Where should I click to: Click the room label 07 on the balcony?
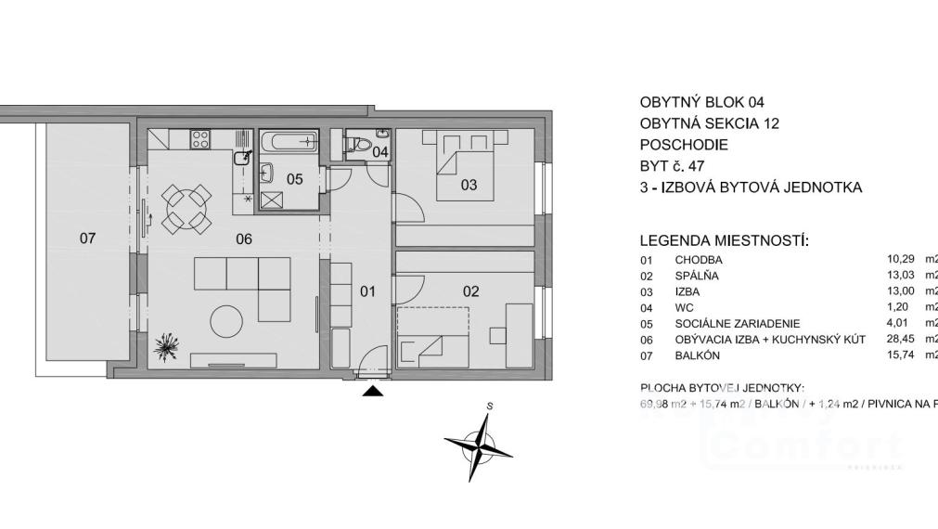pos(87,239)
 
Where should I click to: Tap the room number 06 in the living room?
pos(244,239)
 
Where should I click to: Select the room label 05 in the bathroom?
pos(294,179)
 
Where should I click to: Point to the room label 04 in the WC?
pos(380,151)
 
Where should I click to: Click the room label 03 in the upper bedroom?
pos(469,185)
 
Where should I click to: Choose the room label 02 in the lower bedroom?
pos(470,291)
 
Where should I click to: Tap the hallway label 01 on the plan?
pos(367,291)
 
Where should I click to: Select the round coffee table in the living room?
pos(227,322)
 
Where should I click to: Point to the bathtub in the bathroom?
pos(289,142)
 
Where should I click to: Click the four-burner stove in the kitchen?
pos(200,139)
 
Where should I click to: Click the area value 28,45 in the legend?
pos(902,339)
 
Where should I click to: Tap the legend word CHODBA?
pos(699,260)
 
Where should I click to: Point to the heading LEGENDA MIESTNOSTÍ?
pos(725,241)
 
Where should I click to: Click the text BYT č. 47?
pos(673,166)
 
